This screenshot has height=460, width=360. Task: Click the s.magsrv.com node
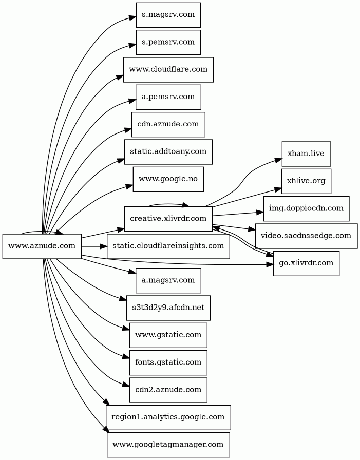[x=168, y=14]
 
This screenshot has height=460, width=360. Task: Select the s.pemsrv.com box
[x=168, y=42]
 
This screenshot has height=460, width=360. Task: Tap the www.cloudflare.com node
[x=168, y=69]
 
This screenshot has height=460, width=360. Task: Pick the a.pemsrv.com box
[x=168, y=97]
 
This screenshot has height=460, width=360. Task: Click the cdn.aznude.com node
[x=168, y=124]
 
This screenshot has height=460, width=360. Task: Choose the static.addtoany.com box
[x=168, y=151]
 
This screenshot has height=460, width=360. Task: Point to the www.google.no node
[x=168, y=179]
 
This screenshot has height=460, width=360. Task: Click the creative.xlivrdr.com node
[x=168, y=219]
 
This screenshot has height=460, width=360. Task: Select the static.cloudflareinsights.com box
[x=168, y=246]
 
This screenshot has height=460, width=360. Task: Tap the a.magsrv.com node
[x=168, y=280]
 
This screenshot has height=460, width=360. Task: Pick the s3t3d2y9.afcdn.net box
[x=168, y=308]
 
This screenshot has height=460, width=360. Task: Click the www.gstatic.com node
[x=168, y=335]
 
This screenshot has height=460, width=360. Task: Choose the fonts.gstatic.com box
[x=168, y=362]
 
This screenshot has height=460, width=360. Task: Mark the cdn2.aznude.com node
[x=168, y=390]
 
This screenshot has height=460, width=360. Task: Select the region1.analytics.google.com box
[x=168, y=417]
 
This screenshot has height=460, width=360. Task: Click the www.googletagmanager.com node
[x=168, y=445]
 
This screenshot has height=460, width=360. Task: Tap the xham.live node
[x=306, y=154]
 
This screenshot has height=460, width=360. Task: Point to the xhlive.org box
[x=306, y=181]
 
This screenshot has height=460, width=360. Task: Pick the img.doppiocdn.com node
[x=306, y=208]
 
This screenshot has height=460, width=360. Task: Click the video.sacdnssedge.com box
[x=306, y=236]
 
